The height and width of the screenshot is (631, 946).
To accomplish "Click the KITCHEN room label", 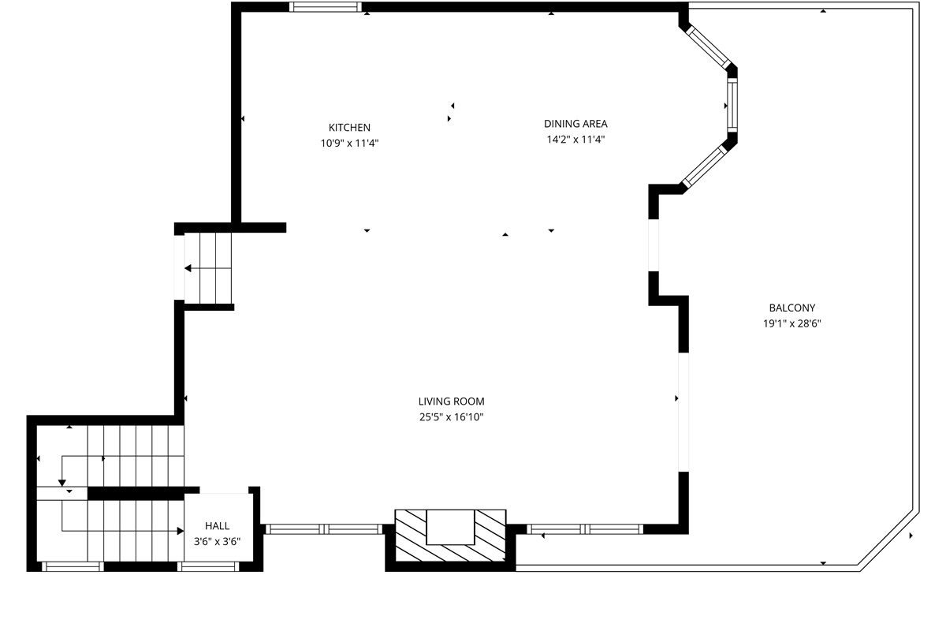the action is pos(349,127).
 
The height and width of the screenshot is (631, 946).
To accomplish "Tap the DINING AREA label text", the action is pos(575,124).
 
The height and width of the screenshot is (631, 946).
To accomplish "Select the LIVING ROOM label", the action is pos(452,401).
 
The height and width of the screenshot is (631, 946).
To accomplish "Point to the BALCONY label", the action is pos(791,308).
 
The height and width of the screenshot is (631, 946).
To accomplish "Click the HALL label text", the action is pos(217,526).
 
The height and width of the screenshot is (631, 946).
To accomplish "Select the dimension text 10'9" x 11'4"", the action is pos(349,143).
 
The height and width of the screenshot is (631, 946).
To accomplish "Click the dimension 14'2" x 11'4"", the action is pos(575,139).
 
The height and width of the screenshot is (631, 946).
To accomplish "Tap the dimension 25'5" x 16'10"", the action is pos(452,416).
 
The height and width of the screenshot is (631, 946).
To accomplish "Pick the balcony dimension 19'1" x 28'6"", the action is pos(791,323).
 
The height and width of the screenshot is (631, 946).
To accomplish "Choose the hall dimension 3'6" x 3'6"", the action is pos(217,541).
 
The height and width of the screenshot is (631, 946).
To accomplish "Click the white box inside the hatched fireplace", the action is pos(450,527).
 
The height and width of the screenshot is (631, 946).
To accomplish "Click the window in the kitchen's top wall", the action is pos(325,7).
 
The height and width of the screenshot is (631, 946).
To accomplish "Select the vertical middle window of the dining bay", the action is pos(732,104).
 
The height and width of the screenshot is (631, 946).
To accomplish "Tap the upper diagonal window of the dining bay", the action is pos(708,47).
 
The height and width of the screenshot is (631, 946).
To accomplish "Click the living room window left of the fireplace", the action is pos(324,529).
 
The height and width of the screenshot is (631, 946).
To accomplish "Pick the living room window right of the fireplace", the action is pos(585,529).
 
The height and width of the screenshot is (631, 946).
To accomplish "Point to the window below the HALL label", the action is pos(208,567).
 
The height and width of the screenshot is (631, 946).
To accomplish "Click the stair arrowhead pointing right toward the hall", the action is pos(181,531).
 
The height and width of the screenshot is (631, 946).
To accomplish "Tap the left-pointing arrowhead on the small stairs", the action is pos(188,268).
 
